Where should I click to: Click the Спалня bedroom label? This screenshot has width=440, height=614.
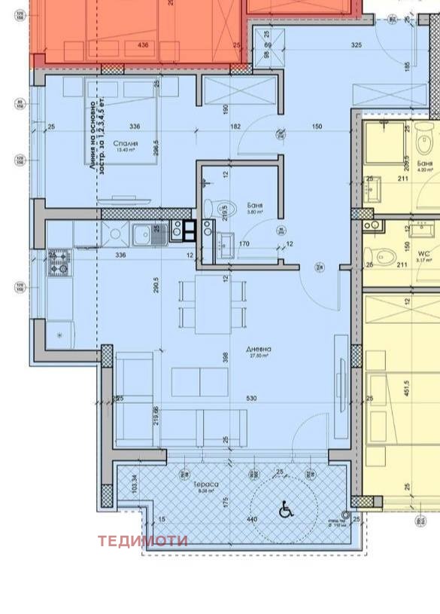(124, 142)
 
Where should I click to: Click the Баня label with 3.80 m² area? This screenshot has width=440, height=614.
(253, 204)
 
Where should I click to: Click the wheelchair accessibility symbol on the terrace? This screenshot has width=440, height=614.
(285, 510)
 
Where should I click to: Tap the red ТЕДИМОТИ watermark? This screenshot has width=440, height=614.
(142, 540)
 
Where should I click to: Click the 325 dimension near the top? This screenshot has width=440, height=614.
(357, 45)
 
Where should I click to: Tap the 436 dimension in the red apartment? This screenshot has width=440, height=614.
(143, 45)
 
